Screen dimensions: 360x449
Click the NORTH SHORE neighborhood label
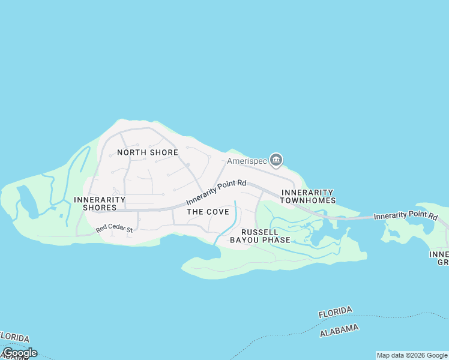pos(148,152)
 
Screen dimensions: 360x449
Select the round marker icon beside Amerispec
pos(276,160)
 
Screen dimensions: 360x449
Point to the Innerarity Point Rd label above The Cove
pos(216,193)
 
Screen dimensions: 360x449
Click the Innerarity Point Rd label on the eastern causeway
pos(405,215)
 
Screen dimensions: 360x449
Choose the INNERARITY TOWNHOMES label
pos(308,196)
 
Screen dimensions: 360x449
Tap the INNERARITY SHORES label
pos(100,203)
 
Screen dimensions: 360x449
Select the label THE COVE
pos(208,212)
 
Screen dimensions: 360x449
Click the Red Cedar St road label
pos(113,229)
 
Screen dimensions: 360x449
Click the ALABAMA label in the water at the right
pos(339,330)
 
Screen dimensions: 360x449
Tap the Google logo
pos(19,353)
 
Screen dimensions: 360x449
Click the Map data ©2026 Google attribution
pos(412,355)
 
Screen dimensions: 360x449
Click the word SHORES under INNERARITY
pos(100,208)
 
